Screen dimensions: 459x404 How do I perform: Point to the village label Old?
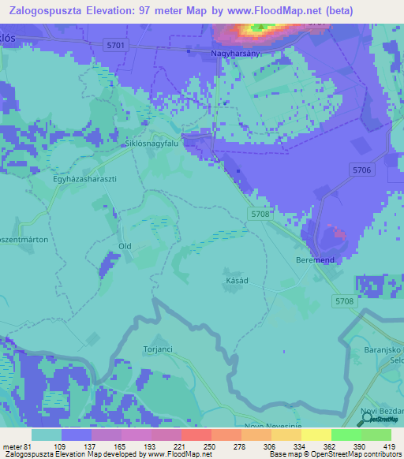(125, 246)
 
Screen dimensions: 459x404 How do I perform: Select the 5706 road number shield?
(362, 170)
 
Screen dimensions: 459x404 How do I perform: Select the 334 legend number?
(271, 446)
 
